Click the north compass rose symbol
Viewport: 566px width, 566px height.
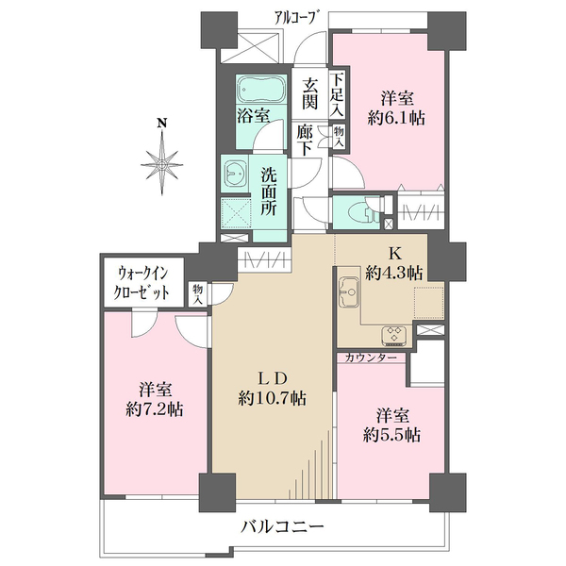(167, 162)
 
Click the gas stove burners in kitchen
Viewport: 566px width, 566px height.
(392, 333)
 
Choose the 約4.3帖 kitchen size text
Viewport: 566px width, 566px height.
(393, 272)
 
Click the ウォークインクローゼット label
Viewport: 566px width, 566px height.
(141, 282)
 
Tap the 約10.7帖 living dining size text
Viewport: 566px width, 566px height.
(272, 398)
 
